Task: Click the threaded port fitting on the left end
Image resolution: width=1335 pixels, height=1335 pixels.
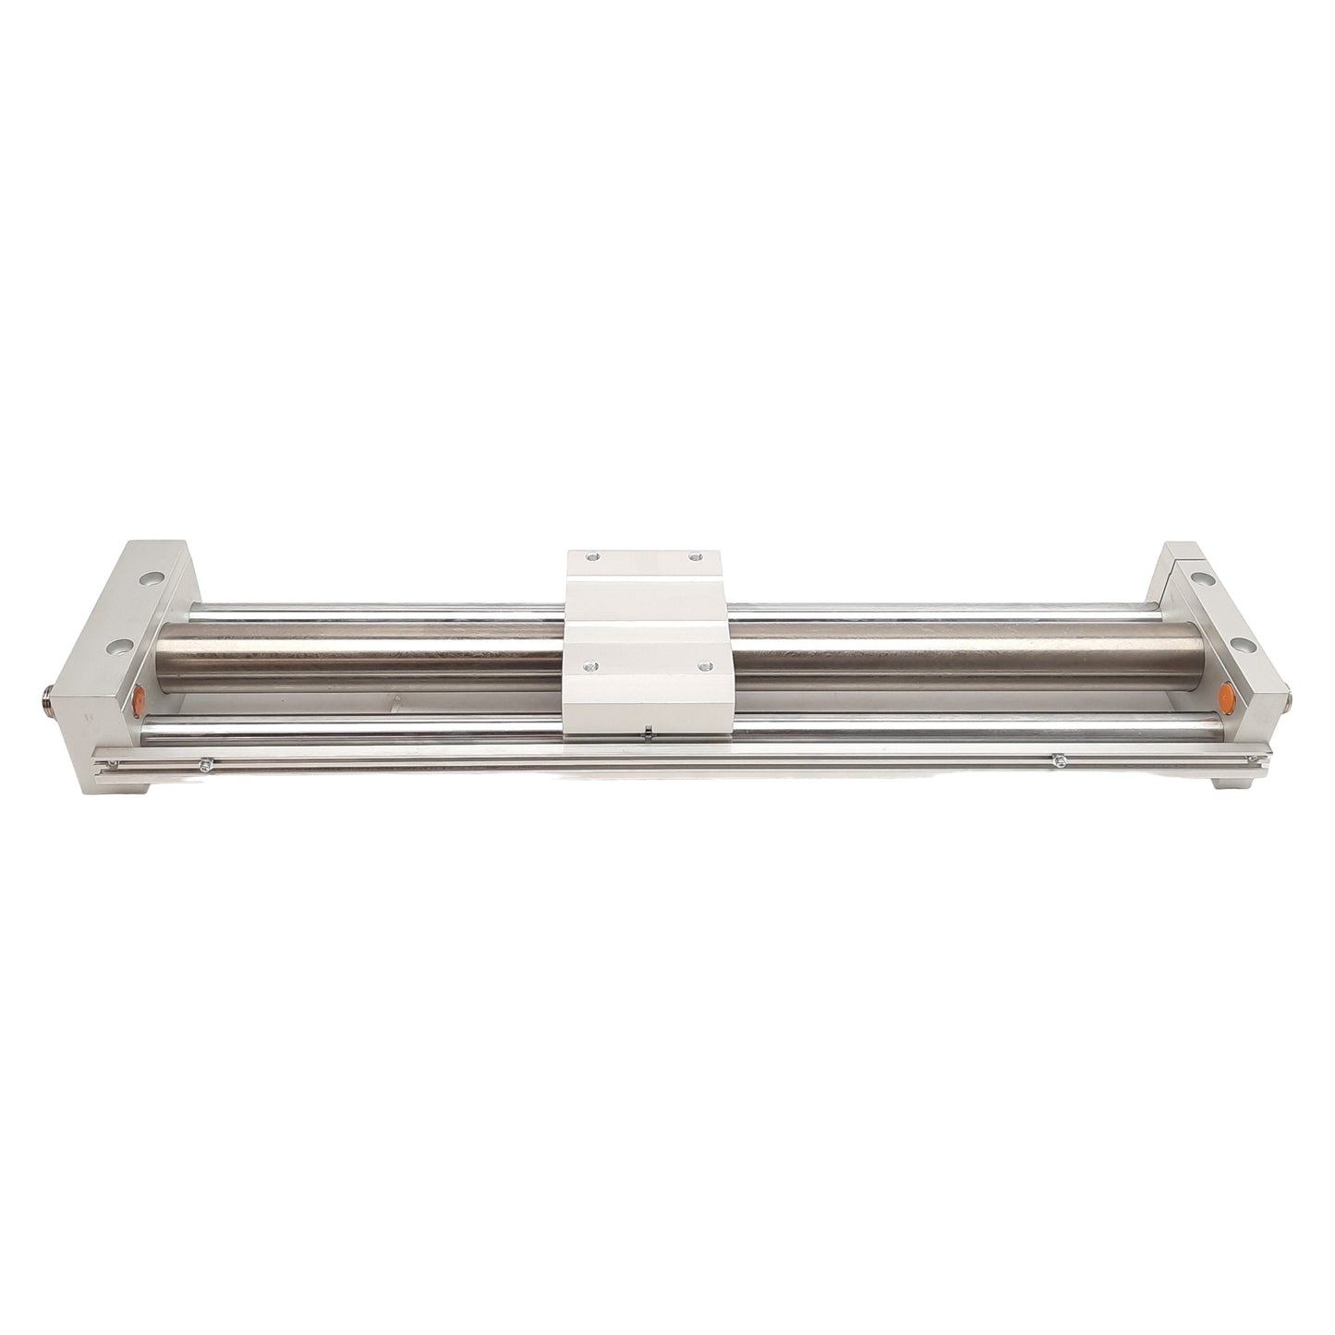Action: pos(47,692)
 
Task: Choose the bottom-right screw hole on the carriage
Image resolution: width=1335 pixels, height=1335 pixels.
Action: pos(706,665)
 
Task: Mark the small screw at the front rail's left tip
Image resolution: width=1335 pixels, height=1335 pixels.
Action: pos(113,762)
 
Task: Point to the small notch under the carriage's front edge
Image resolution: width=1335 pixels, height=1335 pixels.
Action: pos(649,735)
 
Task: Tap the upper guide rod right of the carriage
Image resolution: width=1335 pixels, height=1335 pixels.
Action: pos(924,610)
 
